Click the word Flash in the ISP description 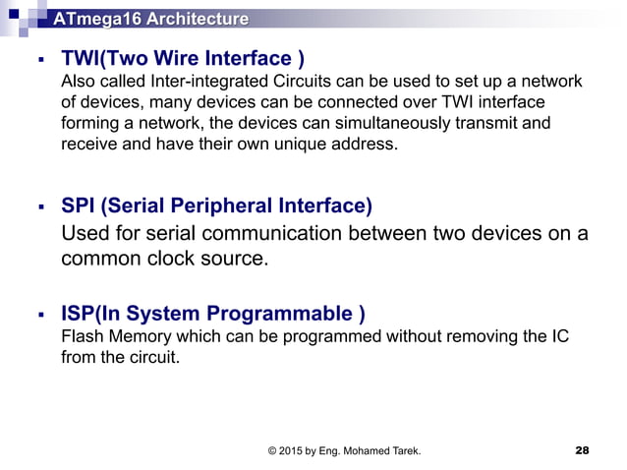pyautogui.click(x=81, y=337)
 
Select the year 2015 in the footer pyautogui.click(x=294, y=450)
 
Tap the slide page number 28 pyautogui.click(x=582, y=450)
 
